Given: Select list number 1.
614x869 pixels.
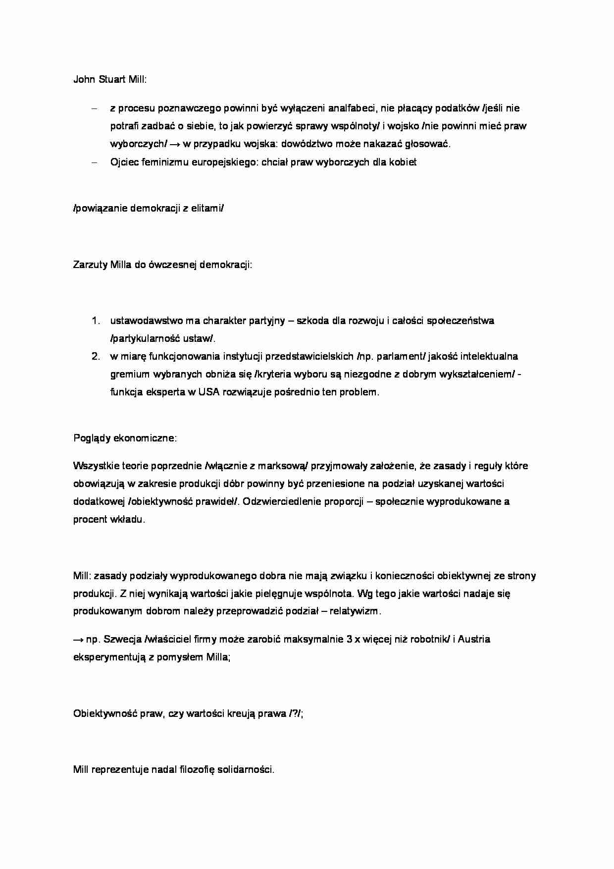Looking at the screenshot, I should pos(96,321).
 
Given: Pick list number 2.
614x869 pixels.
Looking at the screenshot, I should pos(96,356).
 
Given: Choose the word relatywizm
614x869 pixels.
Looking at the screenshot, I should pos(354,611).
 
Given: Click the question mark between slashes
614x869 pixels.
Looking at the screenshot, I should pos(295,714).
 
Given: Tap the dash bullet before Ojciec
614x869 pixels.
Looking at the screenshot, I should pos(96,162).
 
